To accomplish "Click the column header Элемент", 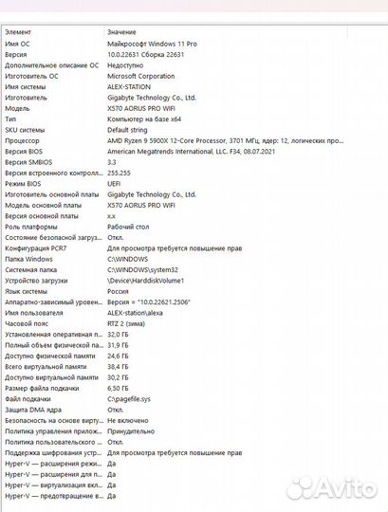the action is (x=18, y=32).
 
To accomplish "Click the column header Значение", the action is (x=121, y=32).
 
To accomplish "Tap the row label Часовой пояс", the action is (x=28, y=323).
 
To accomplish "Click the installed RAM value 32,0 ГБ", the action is (x=118, y=334).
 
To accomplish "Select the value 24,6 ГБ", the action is (x=118, y=356).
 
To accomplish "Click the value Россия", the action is (x=119, y=291).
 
